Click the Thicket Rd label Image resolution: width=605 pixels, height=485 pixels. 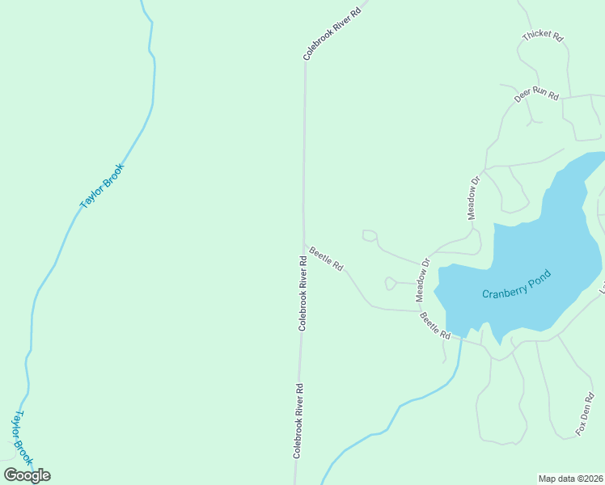coord(543,36)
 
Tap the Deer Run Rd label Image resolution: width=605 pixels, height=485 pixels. coord(536,96)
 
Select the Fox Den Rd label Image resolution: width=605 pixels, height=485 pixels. coord(585,415)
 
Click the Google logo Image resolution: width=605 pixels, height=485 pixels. coord(27,475)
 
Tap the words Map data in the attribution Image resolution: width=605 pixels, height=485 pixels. coord(556,478)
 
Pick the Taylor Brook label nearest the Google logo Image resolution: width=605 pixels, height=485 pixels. coord(21,436)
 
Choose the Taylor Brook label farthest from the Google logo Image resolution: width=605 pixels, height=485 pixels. coord(102,187)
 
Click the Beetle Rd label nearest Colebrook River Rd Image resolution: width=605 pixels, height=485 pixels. coord(326,259)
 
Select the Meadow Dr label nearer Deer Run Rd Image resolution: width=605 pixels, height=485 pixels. coord(474,198)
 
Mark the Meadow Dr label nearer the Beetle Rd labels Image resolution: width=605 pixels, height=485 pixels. coord(422,280)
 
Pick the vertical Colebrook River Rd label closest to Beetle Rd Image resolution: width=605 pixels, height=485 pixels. coord(302,293)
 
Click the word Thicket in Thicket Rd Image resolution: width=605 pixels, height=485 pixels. coord(537,36)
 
